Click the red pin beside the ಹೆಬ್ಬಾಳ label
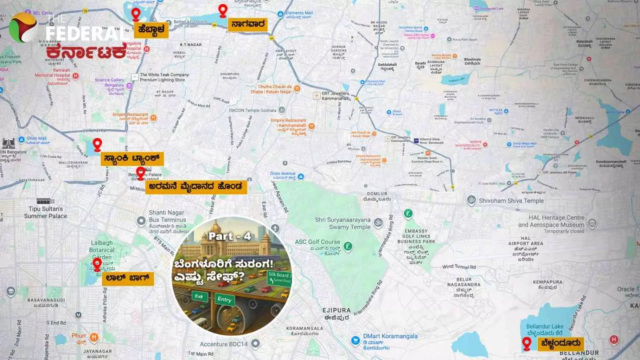click(136, 15)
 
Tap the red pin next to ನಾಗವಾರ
click(222, 11)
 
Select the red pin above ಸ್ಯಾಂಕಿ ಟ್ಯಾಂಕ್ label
click(98, 145)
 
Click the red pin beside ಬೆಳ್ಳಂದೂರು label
click(527, 344)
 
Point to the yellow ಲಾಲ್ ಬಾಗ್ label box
click(128, 279)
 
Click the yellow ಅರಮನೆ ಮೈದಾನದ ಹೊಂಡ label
click(196, 186)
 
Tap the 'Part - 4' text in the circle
click(230, 236)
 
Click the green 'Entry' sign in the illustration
click(224, 299)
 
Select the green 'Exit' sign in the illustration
click(199, 296)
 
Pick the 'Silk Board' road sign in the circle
click(279, 277)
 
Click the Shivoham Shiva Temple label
click(511, 200)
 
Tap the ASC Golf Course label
click(317, 242)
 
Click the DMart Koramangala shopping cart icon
click(355, 340)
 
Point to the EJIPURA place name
click(336, 311)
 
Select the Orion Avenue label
click(282, 174)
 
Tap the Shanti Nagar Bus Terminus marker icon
click(141, 221)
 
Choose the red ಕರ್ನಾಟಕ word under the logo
click(87, 52)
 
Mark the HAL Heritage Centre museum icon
click(592, 223)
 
